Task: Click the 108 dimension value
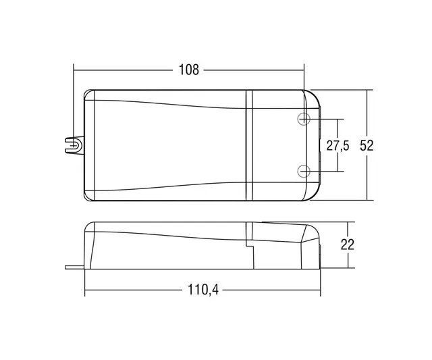[x=189, y=70]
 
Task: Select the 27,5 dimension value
[x=337, y=145]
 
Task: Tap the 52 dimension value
[x=367, y=145]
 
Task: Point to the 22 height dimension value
[x=348, y=245]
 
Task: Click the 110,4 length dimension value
[x=203, y=290]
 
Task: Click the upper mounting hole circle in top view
[x=304, y=120]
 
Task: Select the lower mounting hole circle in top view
[x=304, y=171]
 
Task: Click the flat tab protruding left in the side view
[x=75, y=267]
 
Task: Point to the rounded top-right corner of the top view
[x=316, y=95]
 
